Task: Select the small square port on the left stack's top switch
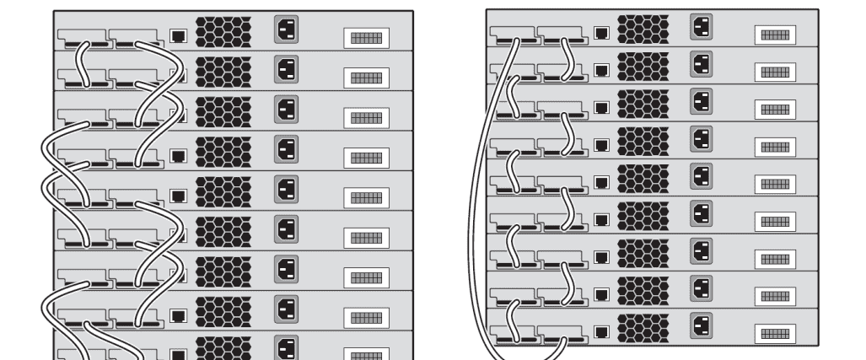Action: (178, 36)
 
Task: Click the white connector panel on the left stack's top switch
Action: (366, 37)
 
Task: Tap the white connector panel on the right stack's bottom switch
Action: (774, 334)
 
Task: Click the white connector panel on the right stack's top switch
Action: (774, 35)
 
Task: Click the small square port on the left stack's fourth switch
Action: (178, 156)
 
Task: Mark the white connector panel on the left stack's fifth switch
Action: (366, 197)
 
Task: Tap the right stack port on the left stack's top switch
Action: (135, 38)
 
